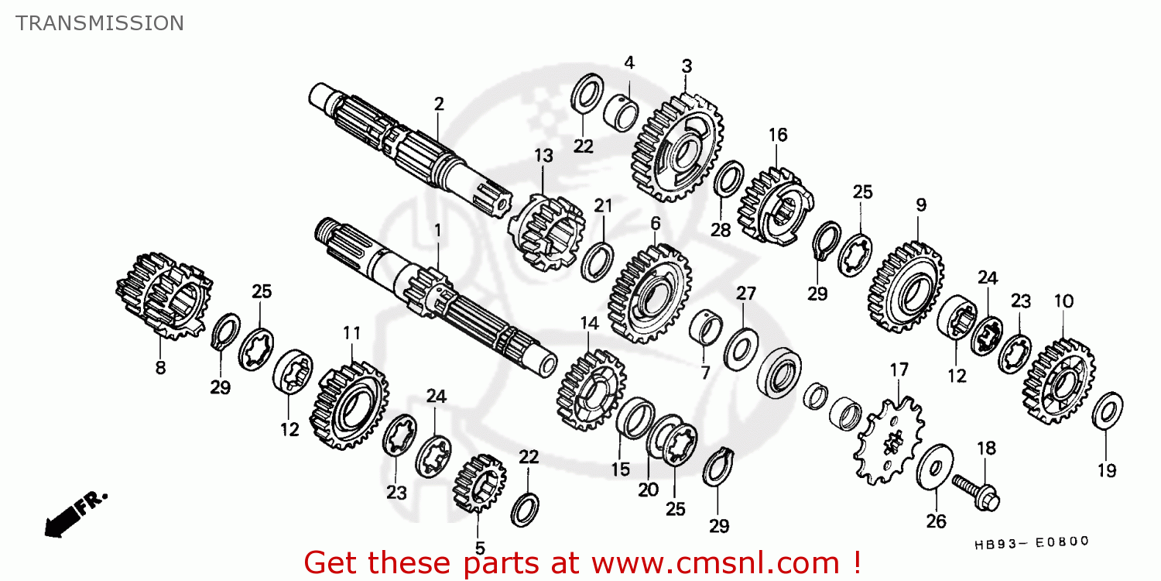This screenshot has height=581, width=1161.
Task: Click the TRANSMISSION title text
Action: pyautogui.click(x=100, y=23)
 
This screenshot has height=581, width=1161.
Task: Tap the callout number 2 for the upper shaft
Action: pyautogui.click(x=439, y=105)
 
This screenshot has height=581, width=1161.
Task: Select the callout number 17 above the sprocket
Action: pyautogui.click(x=899, y=370)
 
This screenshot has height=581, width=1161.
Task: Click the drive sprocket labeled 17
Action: pyautogui.click(x=888, y=441)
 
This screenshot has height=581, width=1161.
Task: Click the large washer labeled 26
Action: pyautogui.click(x=934, y=467)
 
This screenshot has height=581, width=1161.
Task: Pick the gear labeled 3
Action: pyautogui.click(x=678, y=148)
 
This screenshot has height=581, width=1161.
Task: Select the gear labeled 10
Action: pyautogui.click(x=1058, y=381)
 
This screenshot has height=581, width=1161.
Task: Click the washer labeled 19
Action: pyautogui.click(x=1107, y=411)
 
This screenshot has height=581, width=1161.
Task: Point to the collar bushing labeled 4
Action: pyautogui.click(x=621, y=112)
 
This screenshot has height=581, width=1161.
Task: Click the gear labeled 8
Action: pyautogui.click(x=164, y=296)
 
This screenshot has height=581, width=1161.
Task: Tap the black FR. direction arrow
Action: pyautogui.click(x=65, y=519)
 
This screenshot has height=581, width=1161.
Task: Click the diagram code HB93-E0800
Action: pyautogui.click(x=1032, y=542)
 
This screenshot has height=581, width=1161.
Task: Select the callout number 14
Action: pyautogui.click(x=589, y=324)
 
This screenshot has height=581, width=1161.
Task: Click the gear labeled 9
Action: pyautogui.click(x=906, y=287)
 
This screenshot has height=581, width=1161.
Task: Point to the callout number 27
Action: pyautogui.click(x=746, y=294)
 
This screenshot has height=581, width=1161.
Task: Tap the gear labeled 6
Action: pyautogui.click(x=650, y=294)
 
